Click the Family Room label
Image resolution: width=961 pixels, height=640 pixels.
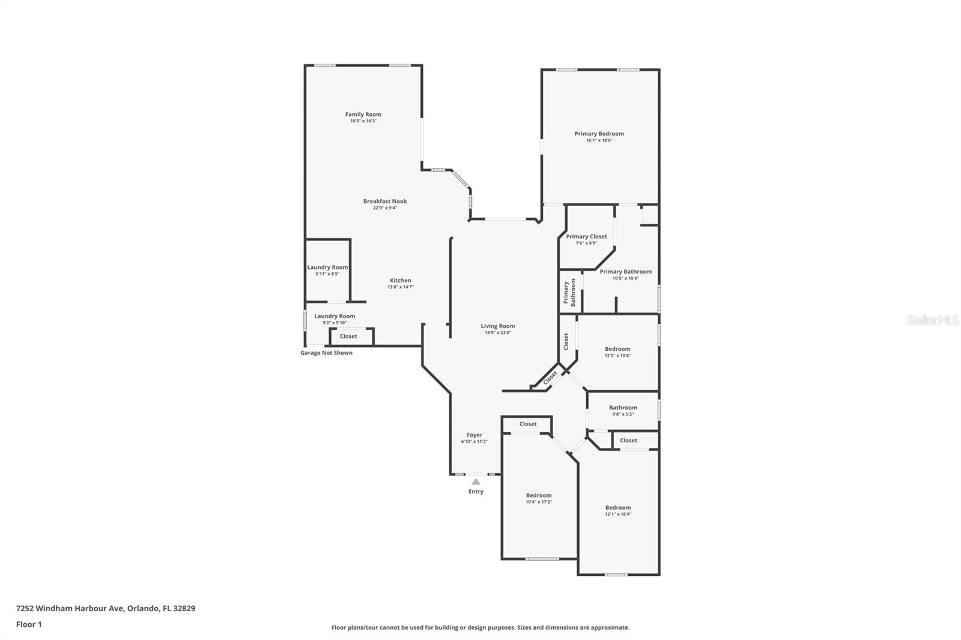pos(363,114)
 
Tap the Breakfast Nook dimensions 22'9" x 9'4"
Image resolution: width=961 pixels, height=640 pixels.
pos(385,208)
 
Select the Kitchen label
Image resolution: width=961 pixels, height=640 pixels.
pos(400,280)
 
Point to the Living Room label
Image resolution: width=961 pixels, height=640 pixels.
pos(498,326)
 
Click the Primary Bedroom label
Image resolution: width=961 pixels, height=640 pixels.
pos(599,133)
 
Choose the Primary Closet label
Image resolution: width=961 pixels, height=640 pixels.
pos(586,237)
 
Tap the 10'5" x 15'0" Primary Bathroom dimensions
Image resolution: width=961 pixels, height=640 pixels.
pos(625,279)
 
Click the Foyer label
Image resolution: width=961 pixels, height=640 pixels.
pos(474,435)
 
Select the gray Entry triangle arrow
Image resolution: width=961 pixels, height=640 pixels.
pos(476,482)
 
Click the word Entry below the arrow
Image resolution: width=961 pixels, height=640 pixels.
pos(476,492)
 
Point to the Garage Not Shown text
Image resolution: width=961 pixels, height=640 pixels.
pos(326,352)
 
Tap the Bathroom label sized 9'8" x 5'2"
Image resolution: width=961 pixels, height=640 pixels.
pos(623,408)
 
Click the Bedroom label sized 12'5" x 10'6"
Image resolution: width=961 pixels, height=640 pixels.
pos(617,349)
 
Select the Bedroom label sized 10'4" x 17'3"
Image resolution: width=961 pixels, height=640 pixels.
pos(538,495)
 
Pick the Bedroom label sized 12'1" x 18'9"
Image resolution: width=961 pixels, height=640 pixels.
pos(618,507)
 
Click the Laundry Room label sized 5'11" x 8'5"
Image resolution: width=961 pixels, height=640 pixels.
pos(327,267)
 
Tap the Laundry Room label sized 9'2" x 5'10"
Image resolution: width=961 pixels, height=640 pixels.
pos(335,316)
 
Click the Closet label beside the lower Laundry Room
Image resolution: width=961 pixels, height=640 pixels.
pos(348,336)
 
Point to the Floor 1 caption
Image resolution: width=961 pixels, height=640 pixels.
pos(29,624)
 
